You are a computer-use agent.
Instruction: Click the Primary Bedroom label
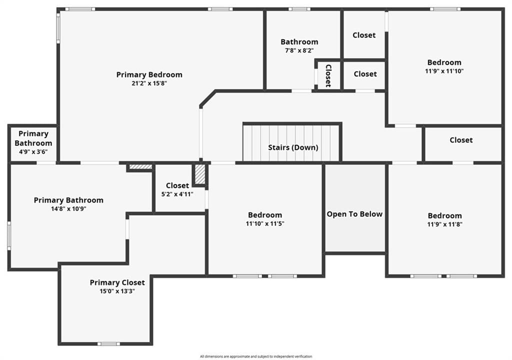[149, 75]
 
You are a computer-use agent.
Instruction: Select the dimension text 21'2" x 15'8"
[149, 83]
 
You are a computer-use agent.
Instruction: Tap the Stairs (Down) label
[293, 147]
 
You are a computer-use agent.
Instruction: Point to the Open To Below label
[354, 214]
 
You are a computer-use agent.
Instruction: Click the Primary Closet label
[117, 282]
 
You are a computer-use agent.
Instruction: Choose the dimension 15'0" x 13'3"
[117, 291]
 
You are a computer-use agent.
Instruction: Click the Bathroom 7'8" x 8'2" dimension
[299, 50]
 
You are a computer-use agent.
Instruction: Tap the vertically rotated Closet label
[328, 76]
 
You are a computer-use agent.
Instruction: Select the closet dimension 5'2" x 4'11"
[177, 194]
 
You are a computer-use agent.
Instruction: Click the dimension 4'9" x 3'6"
[33, 151]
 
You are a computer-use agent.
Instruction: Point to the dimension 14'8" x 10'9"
[68, 208]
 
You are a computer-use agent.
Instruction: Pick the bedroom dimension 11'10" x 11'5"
[265, 224]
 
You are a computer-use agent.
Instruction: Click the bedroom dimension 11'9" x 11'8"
[444, 224]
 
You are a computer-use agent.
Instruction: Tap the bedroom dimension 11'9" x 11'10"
[444, 71]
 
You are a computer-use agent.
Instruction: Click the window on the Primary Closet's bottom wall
[108, 343]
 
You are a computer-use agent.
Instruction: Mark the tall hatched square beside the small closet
[200, 174]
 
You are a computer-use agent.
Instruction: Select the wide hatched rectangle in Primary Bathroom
[140, 167]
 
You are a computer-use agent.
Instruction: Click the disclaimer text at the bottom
[256, 356]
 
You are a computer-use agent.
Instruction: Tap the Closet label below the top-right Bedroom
[461, 140]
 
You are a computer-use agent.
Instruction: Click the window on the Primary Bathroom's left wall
[9, 236]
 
